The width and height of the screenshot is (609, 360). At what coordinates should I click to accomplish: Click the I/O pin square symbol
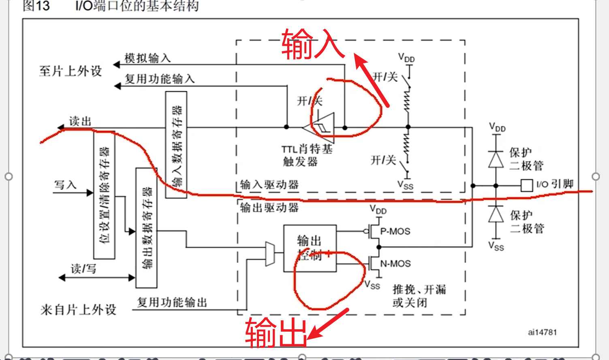526,185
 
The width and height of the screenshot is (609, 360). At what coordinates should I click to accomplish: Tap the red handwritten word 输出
276,332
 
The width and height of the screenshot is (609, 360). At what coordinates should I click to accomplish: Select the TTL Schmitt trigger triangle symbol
320,127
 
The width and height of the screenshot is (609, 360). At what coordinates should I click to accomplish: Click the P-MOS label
395,231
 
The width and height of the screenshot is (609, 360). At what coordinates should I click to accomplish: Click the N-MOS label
395,264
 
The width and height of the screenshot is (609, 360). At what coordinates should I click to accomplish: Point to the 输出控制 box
310,248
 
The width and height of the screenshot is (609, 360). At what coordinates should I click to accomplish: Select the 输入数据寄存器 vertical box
176,145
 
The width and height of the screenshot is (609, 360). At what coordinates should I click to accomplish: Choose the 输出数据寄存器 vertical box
146,228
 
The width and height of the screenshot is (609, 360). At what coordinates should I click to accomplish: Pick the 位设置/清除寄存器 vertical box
104,195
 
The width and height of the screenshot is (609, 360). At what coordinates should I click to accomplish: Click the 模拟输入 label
147,58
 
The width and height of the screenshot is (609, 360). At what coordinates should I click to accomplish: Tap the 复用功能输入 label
160,79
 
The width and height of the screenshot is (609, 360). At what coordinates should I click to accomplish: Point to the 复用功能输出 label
172,302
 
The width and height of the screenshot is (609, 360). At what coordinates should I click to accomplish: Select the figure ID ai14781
542,332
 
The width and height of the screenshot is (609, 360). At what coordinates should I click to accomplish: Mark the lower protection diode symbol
496,214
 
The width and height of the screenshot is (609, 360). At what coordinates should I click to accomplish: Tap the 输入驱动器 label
269,185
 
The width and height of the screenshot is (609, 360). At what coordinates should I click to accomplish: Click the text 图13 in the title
36,6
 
